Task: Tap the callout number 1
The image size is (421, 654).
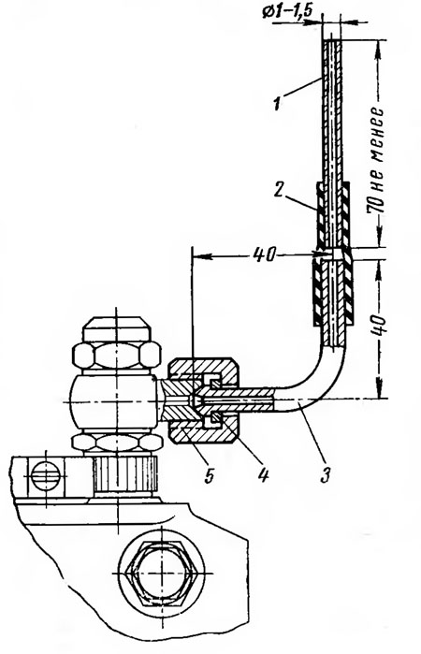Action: [x=276, y=103]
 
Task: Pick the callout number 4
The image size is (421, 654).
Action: [x=263, y=474]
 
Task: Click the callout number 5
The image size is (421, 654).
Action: [x=209, y=474]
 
